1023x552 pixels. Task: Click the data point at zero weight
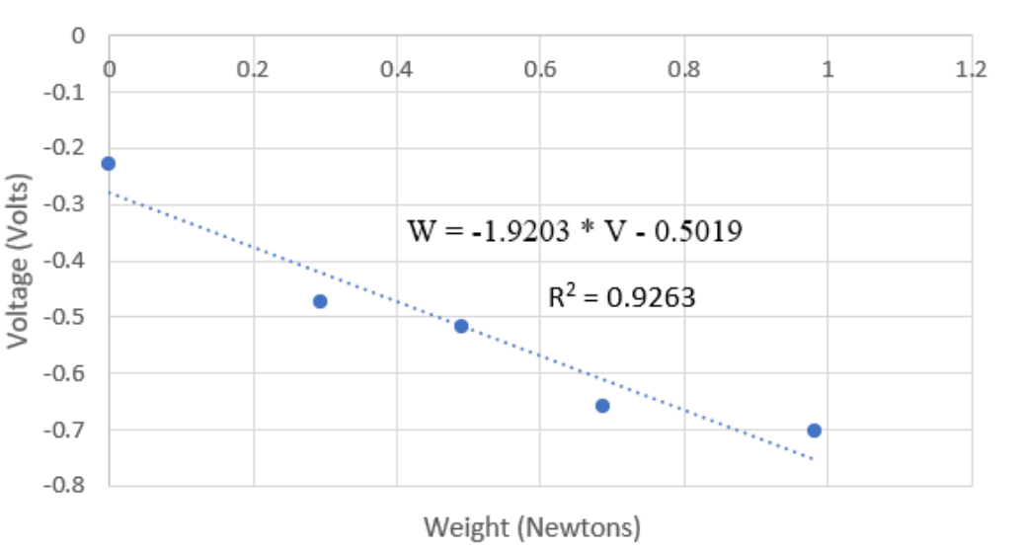click(109, 163)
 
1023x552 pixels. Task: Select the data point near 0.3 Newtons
click(320, 301)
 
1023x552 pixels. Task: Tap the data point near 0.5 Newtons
click(461, 326)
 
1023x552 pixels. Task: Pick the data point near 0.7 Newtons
click(602, 406)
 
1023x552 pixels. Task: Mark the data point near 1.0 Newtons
click(815, 431)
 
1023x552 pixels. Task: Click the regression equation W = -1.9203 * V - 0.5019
click(575, 232)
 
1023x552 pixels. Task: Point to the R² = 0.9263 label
click(622, 297)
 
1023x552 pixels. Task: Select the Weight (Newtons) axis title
click(533, 525)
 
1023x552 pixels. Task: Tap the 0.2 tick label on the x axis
click(253, 71)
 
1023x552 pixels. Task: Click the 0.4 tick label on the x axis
click(396, 71)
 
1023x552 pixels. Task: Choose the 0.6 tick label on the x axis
click(540, 71)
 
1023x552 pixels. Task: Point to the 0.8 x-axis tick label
click(684, 71)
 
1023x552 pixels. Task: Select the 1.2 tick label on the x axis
click(972, 71)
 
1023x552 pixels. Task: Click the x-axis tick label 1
click(828, 71)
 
